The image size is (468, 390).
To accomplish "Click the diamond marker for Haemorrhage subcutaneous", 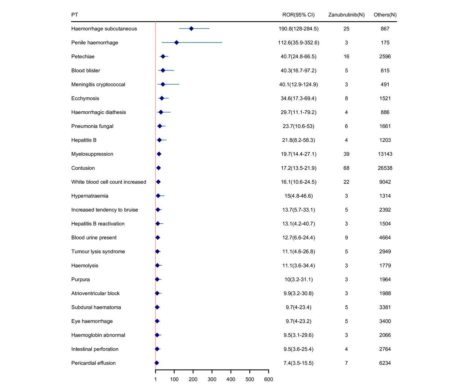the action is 191,29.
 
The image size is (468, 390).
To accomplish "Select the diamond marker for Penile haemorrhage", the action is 176,42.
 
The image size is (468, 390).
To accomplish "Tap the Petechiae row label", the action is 83,57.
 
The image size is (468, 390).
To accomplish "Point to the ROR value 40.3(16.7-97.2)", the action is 298,71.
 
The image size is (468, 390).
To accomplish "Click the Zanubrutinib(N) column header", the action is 346,15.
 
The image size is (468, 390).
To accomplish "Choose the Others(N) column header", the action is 385,15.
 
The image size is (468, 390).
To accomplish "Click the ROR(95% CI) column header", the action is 298,15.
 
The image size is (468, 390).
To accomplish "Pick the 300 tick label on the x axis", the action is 212,379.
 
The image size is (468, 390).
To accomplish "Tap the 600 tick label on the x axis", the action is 268,379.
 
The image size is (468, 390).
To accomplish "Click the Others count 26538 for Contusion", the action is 385,168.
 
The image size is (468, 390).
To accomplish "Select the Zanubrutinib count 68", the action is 346,168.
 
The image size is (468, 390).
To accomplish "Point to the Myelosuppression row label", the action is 92,154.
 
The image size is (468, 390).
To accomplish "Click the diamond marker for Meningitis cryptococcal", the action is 163,84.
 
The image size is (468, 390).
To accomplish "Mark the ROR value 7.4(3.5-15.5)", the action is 298,363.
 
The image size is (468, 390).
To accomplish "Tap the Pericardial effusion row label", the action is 93,363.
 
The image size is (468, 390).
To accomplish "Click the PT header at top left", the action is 75,15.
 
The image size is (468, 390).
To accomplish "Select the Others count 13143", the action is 385,154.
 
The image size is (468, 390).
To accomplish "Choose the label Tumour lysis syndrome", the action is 98,251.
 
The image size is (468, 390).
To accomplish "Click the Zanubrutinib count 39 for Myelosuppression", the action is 346,154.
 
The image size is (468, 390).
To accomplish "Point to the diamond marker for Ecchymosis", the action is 162,98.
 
